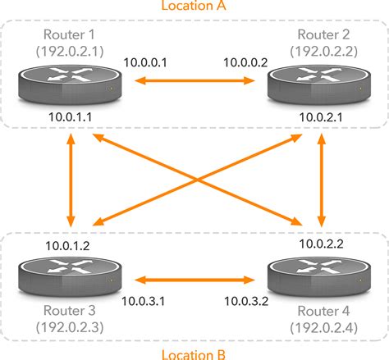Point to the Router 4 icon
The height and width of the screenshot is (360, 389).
tap(314, 276)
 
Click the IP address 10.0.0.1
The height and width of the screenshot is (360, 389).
tap(144, 62)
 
